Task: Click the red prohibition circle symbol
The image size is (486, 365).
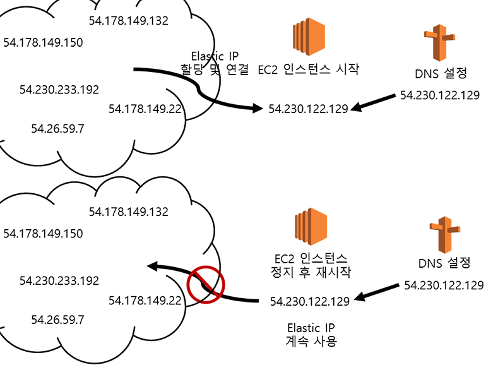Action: (206, 285)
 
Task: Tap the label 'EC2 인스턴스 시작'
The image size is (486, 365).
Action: (308, 69)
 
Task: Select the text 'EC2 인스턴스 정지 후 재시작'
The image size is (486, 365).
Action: (309, 266)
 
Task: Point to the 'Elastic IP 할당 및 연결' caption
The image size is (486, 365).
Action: (215, 63)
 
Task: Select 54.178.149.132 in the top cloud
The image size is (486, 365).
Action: (129, 20)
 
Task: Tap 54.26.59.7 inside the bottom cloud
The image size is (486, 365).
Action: (57, 320)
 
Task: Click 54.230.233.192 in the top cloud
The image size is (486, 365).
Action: (59, 89)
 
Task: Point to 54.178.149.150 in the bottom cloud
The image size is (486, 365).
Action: (43, 234)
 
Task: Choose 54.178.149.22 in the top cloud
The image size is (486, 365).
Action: (145, 109)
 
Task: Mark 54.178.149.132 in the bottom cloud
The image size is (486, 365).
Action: (129, 211)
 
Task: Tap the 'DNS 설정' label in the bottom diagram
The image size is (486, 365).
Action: (444, 262)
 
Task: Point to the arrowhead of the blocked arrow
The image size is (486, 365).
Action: (153, 267)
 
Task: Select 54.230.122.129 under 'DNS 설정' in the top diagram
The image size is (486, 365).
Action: (440, 95)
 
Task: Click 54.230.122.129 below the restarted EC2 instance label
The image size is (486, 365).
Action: (309, 301)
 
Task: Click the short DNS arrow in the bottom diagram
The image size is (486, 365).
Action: (376, 292)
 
